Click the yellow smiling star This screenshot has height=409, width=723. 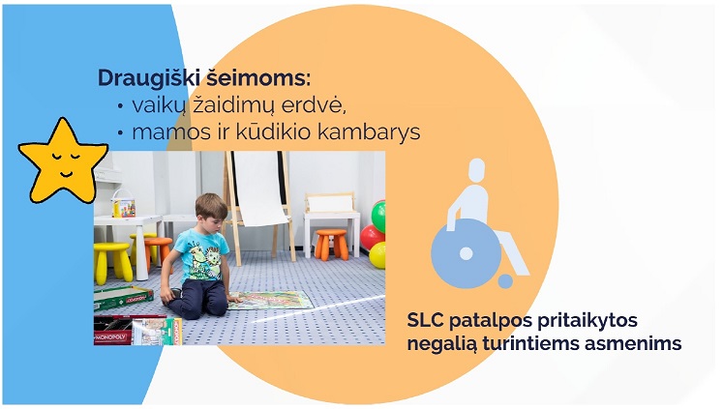62,163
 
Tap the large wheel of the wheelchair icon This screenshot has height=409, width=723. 466,253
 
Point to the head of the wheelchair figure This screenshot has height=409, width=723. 477,170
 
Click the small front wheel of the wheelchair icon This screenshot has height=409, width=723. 505,281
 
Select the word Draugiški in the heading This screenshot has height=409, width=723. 148,78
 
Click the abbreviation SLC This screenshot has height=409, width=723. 425,320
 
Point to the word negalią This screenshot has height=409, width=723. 442,344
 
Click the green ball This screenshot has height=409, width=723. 378,216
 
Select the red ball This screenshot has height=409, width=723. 372,237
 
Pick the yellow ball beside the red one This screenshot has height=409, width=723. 377,255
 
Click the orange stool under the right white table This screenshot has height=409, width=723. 332,245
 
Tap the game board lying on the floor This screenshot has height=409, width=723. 271,301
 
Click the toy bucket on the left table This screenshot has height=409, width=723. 124,204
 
